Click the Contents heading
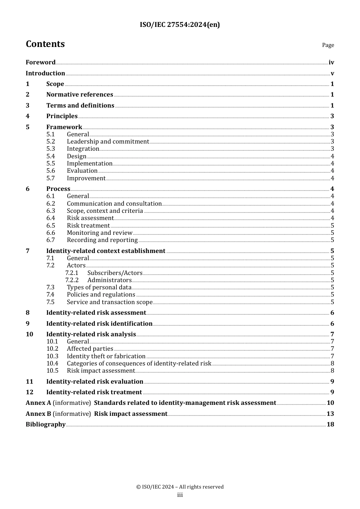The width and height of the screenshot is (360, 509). [x=45, y=44]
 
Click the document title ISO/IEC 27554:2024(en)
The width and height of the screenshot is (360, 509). [x=180, y=25]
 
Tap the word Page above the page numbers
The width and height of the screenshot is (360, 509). [x=328, y=45]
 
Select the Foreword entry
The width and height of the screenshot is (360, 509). [x=41, y=62]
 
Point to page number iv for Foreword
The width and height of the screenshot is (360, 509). [x=331, y=62]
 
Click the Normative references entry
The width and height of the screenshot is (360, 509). [x=80, y=95]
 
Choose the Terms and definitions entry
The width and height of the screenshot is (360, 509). [x=80, y=106]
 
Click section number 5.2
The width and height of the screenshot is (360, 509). [x=51, y=142]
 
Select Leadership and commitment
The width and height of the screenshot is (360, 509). [x=108, y=142]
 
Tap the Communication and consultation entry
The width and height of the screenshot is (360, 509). [x=114, y=204]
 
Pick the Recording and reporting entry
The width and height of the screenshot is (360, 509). [x=102, y=240]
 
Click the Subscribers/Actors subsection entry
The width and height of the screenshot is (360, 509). [x=115, y=273]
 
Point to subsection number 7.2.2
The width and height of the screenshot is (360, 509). [x=72, y=280]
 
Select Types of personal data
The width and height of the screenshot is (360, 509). [x=99, y=287]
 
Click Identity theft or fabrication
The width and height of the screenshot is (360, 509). [x=106, y=356]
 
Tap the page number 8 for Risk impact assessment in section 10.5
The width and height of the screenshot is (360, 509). [x=332, y=371]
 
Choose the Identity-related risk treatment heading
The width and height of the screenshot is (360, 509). [x=94, y=392]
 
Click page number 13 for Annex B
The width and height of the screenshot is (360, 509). [x=330, y=414]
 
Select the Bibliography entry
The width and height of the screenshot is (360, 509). [x=45, y=425]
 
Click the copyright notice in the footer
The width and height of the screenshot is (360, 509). [x=180, y=487]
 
